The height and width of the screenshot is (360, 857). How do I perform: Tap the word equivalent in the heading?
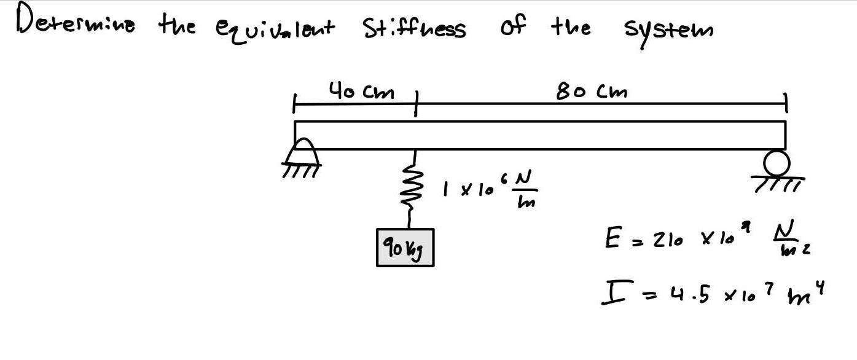tap(275, 28)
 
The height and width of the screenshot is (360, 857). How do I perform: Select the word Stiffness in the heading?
tap(414, 28)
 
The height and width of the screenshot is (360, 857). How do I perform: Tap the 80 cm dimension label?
tap(592, 92)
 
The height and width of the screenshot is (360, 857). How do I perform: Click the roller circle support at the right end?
tap(777, 163)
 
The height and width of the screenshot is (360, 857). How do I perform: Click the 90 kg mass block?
tap(405, 247)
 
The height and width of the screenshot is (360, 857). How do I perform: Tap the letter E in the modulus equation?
tap(612, 238)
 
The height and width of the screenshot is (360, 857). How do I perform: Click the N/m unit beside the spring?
tap(522, 189)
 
